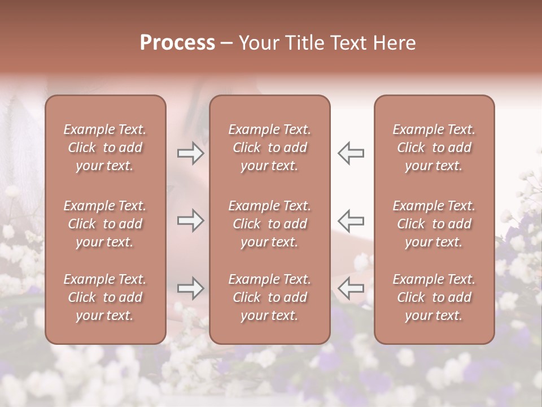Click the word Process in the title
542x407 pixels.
pyautogui.click(x=177, y=43)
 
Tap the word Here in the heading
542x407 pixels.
pyautogui.click(x=395, y=43)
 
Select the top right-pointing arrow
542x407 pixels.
pyautogui.click(x=190, y=153)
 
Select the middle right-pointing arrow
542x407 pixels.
pyautogui.click(x=190, y=220)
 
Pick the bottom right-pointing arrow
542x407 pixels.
pyautogui.click(x=190, y=288)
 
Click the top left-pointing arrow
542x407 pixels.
pyautogui.click(x=351, y=153)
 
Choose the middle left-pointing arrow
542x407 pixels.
pyautogui.click(x=351, y=220)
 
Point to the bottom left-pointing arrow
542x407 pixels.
pyautogui.click(x=351, y=288)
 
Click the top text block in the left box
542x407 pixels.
pyautogui.click(x=105, y=148)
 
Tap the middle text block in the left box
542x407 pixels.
pyautogui.click(x=105, y=224)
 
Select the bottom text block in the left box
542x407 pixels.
pyautogui.click(x=105, y=297)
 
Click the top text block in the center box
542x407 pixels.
pyautogui.click(x=269, y=148)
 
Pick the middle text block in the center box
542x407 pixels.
pyautogui.click(x=269, y=224)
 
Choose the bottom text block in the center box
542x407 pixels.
pyautogui.click(x=269, y=297)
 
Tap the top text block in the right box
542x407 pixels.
pyautogui.click(x=434, y=148)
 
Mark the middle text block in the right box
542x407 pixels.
pyautogui.click(x=434, y=224)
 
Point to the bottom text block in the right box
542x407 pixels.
pyautogui.click(x=434, y=297)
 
